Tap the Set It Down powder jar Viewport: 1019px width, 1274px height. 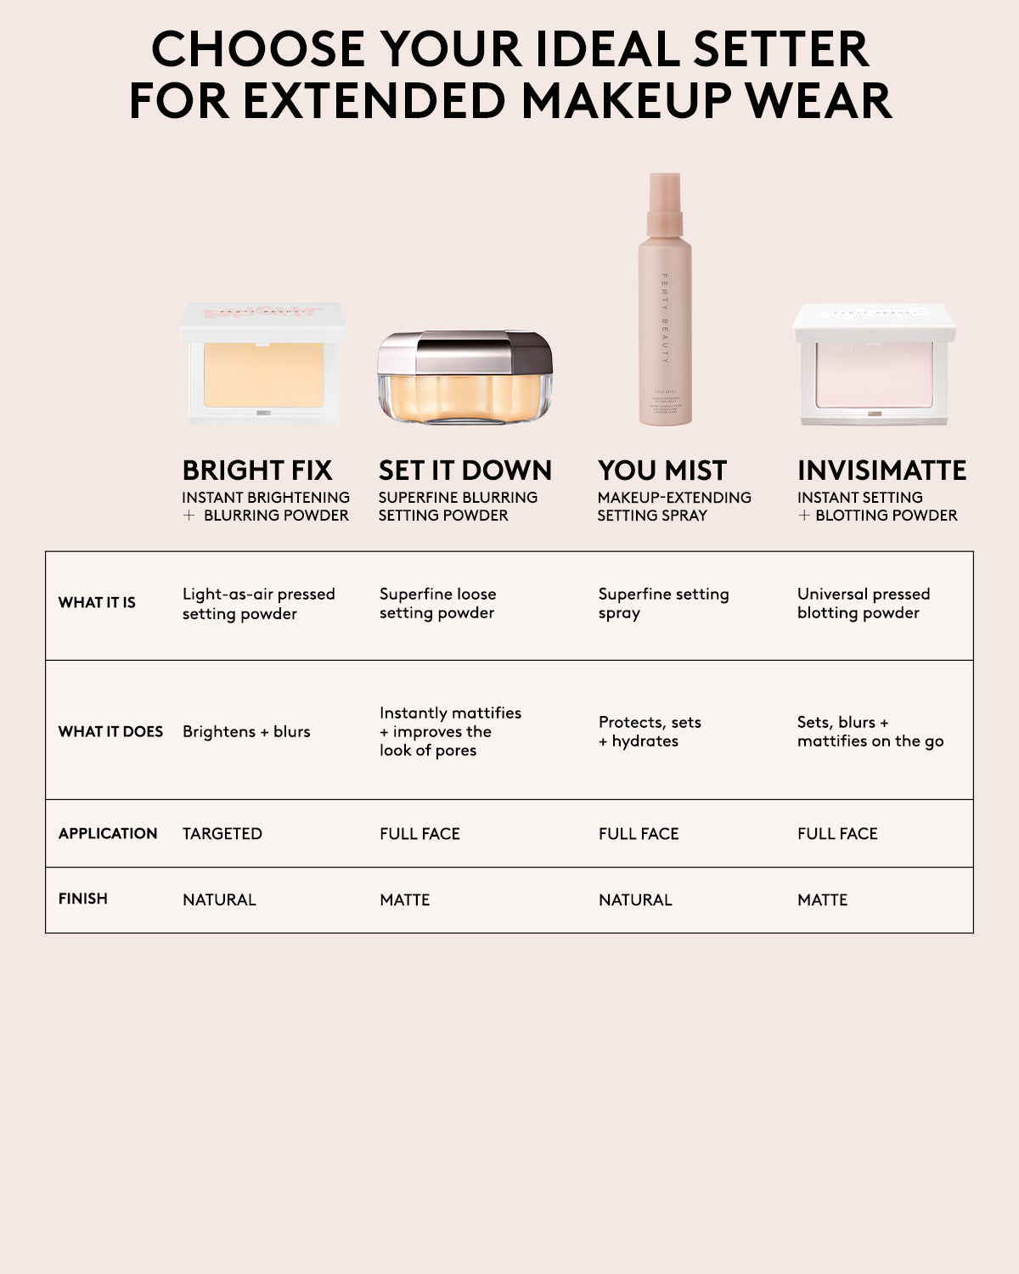point(464,379)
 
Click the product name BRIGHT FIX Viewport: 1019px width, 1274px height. point(257,470)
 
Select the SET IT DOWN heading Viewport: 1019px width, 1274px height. point(465,470)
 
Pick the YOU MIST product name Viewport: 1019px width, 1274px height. point(662,470)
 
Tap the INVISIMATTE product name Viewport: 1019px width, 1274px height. point(881,470)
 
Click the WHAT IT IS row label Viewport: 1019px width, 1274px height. point(97,602)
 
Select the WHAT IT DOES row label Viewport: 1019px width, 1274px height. point(110,731)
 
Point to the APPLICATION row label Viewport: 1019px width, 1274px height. point(108,833)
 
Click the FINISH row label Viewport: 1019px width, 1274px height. point(83,899)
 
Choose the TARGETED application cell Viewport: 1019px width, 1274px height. point(222,833)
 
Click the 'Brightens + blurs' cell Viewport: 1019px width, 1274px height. point(246,731)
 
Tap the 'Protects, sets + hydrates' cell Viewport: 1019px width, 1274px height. point(650,731)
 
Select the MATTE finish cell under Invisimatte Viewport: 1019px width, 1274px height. point(822,899)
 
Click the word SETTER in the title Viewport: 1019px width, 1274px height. point(781,49)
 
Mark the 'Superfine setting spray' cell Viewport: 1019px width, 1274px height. point(663,603)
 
